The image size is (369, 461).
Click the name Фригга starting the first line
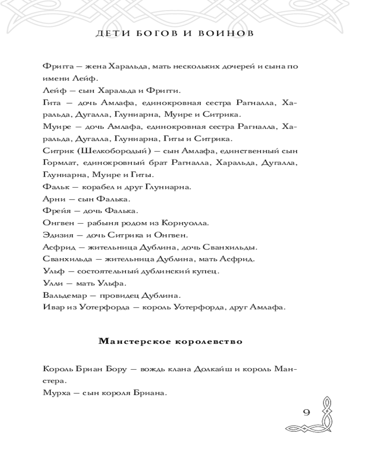[x=55, y=66]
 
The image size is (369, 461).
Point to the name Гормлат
[x=59, y=163]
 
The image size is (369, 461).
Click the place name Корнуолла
[x=183, y=223]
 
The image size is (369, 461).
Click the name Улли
[x=51, y=283]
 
